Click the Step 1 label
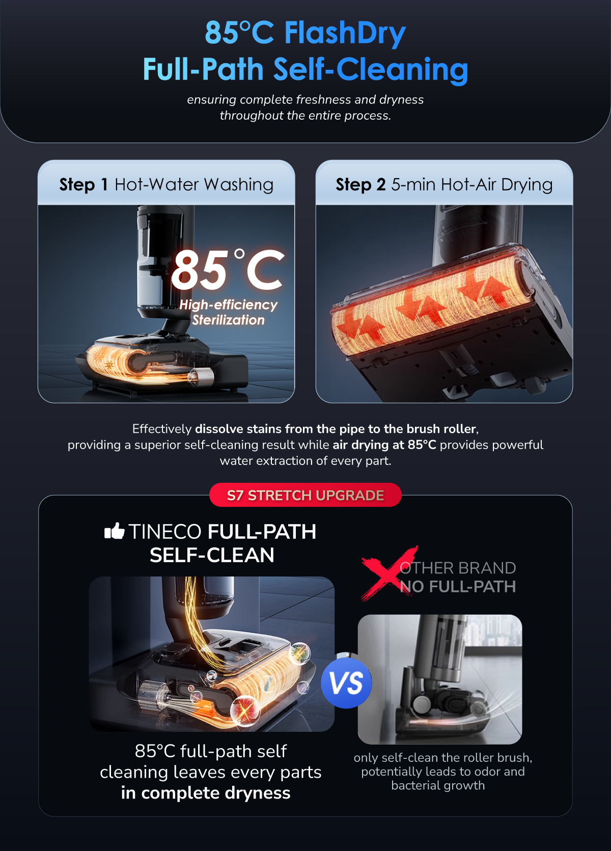coord(84,185)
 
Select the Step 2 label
coord(360,185)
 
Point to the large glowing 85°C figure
coord(228,270)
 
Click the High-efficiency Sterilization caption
coord(228,312)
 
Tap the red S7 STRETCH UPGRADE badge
coord(305,495)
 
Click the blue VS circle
coord(346,683)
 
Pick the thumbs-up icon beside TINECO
coord(114,531)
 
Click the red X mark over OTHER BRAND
coord(389,573)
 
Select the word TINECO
coord(165,532)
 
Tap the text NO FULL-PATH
coord(458,587)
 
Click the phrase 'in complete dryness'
coord(206,793)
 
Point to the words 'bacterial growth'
coord(438,785)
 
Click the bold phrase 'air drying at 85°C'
coord(384,445)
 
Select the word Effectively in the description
coord(162,429)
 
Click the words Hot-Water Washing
coord(194,185)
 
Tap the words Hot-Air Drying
coord(497,185)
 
